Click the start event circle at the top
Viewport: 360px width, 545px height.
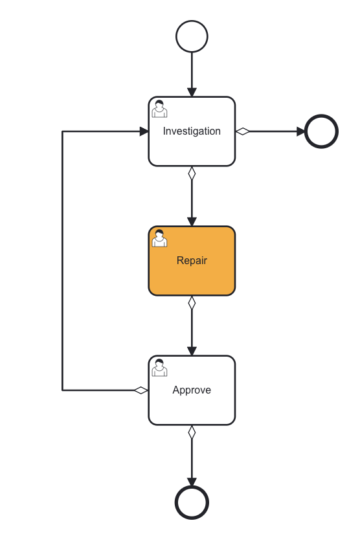192,36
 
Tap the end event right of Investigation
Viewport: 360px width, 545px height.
321,131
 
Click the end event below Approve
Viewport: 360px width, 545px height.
192,502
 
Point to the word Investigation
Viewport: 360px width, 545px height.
192,131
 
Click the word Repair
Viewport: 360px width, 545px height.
192,261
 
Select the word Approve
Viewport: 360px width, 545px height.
192,390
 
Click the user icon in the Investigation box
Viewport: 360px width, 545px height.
159,109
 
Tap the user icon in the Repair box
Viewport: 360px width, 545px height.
159,239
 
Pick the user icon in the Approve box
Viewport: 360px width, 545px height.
159,368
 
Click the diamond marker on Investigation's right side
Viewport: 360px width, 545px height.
243,131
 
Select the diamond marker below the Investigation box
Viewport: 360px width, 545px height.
192,173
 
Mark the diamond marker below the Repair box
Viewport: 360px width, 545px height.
192,303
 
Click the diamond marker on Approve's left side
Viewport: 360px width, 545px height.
141,390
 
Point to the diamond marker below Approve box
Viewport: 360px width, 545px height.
192,432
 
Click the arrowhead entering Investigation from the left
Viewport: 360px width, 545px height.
144,131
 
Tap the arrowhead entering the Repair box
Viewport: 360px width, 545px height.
192,221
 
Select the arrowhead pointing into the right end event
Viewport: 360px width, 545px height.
300,131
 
